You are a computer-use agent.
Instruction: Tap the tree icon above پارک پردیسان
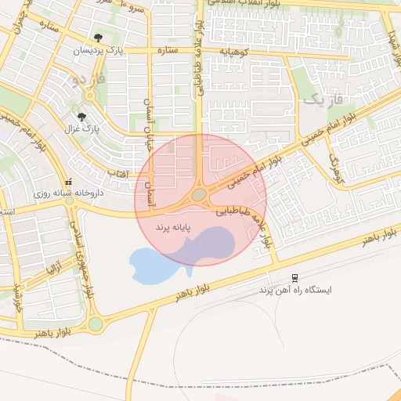97,38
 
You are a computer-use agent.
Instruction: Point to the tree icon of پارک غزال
81,117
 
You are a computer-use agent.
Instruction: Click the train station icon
294,277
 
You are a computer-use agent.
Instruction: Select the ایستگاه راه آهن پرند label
296,289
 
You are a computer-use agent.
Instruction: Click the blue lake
153,266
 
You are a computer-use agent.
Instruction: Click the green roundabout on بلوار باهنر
96,323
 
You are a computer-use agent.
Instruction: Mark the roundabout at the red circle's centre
200,193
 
